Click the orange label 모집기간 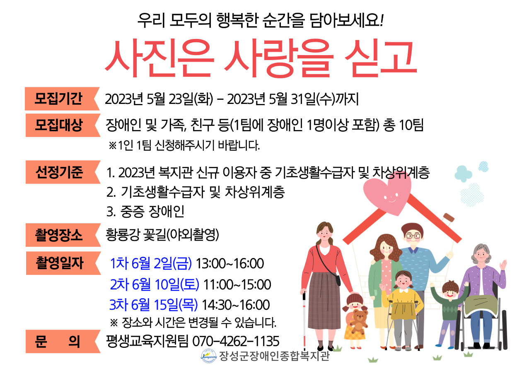[62, 99]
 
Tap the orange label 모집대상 [63, 125]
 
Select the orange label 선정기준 [63, 172]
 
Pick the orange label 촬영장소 [63, 235]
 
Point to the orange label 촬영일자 [63, 263]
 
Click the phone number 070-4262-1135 [236, 341]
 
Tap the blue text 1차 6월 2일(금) [151, 263]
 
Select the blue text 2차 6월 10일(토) [155, 285]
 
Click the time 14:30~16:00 [236, 305]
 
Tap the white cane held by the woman [304, 320]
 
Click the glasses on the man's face [413, 236]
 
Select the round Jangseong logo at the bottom [209, 356]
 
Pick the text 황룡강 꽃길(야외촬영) [162, 235]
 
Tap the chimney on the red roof [448, 217]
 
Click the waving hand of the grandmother [503, 265]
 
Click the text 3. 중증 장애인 [145, 212]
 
